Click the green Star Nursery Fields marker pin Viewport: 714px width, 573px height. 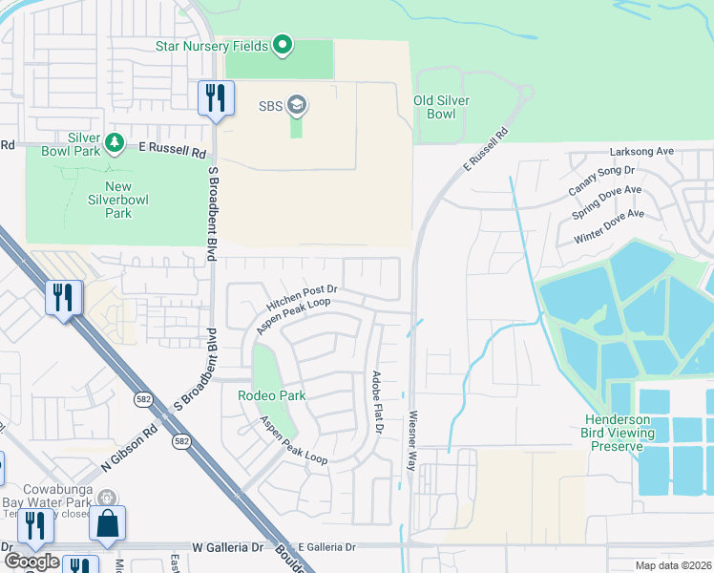(282, 45)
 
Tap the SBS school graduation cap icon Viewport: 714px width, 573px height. (297, 105)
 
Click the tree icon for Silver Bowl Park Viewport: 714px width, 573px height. (115, 143)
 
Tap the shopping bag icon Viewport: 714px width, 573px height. (107, 522)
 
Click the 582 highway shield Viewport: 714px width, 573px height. (180, 441)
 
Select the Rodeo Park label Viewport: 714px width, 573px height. (277, 395)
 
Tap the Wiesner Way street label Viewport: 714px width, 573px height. (414, 437)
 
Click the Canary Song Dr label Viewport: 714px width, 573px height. (601, 176)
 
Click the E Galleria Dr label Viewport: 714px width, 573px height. (325, 547)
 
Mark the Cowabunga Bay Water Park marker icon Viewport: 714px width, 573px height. (108, 497)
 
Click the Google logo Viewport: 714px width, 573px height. (31, 562)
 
